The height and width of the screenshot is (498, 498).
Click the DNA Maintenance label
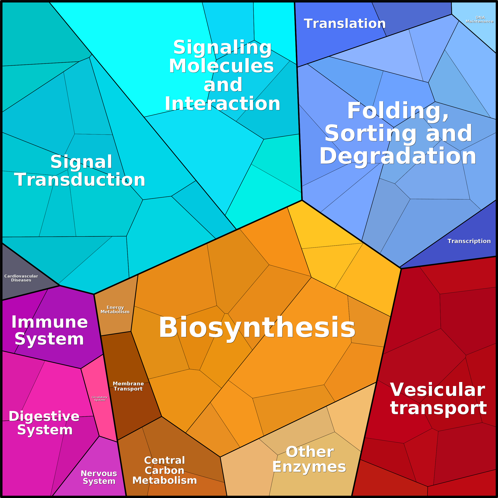pos(479,19)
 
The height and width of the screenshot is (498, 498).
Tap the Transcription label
pos(469,241)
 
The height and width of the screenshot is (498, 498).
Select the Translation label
pos(345,24)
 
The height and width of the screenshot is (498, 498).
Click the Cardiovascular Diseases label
pos(21,278)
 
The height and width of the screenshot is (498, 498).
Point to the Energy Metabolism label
pos(115,310)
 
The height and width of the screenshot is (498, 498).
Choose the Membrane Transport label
pos(128,386)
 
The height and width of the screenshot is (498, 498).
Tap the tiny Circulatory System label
pos(100,398)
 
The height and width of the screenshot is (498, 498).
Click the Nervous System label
pos(99,477)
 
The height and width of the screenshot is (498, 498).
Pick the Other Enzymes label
pos(309,459)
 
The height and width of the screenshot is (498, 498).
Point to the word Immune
pos(50,322)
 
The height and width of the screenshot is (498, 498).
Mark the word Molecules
pos(221,66)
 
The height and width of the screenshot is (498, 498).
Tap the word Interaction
pos(222,104)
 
